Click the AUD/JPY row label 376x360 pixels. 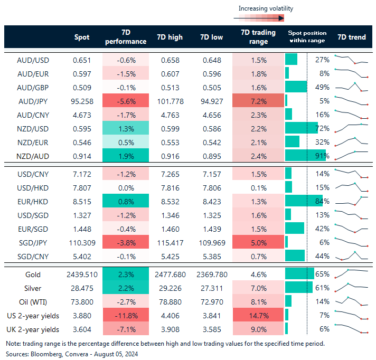pyautogui.click(x=33, y=100)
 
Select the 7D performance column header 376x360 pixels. pyautogui.click(x=126, y=37)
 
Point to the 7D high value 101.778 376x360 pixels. pyautogui.click(x=170, y=100)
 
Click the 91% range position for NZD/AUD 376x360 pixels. pyautogui.click(x=323, y=156)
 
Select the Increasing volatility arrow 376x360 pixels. pyautogui.click(x=259, y=18)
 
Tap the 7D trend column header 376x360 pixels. pyautogui.click(x=351, y=37)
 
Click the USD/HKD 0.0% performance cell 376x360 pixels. pyautogui.click(x=126, y=187)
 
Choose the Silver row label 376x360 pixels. pyautogui.click(x=33, y=288)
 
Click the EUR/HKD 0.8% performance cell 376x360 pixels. pyautogui.click(x=126, y=201)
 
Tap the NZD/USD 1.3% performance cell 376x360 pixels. pyautogui.click(x=126, y=128)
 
